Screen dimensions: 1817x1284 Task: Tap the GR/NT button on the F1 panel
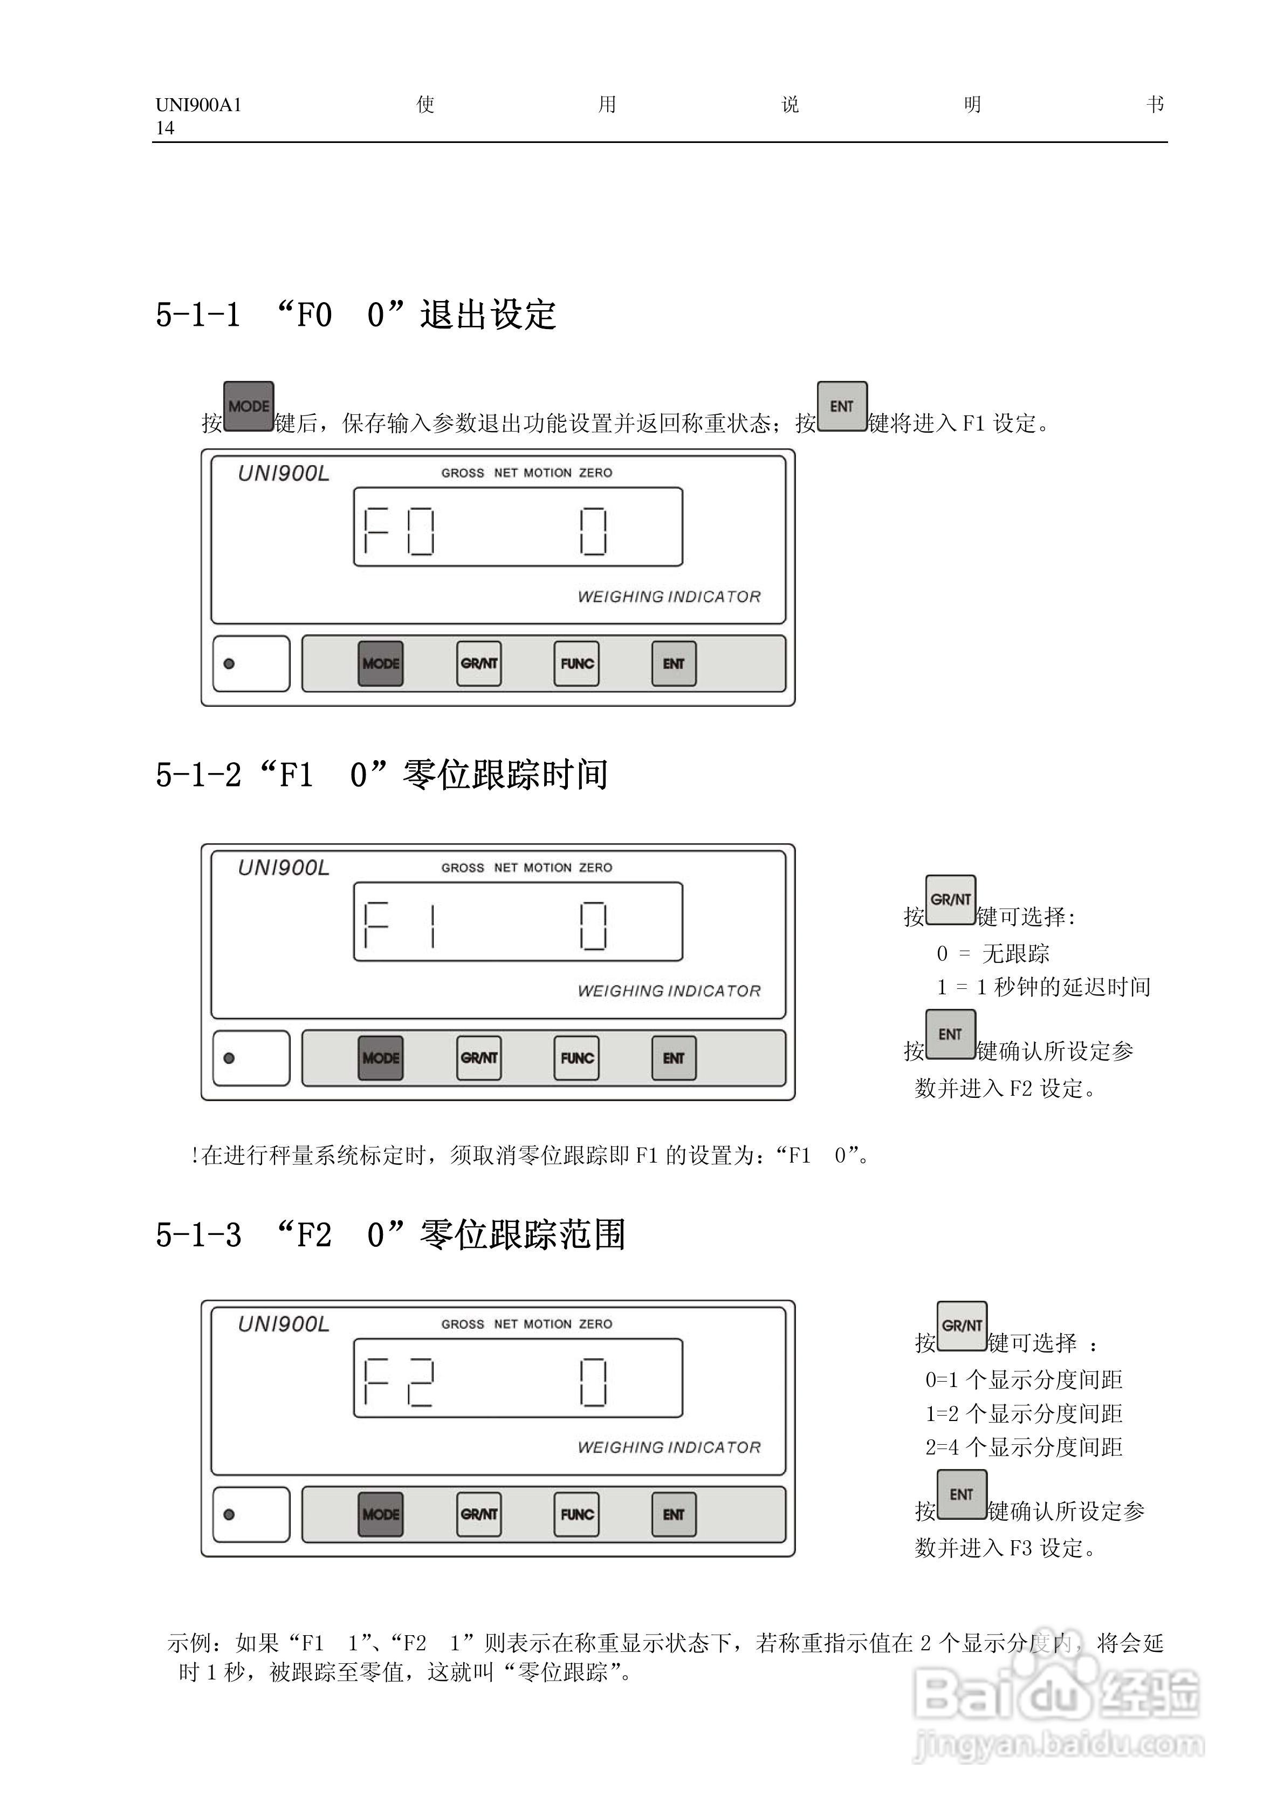(479, 1057)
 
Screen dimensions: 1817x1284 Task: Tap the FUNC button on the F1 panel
(576, 1057)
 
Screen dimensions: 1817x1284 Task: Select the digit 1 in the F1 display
(432, 924)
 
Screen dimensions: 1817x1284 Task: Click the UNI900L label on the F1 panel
(283, 868)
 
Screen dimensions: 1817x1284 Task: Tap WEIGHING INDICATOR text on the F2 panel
(669, 1447)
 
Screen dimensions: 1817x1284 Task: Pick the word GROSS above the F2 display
(462, 1324)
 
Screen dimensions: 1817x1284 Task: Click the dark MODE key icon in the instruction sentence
(249, 407)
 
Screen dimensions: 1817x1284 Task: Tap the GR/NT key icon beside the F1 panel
(950, 900)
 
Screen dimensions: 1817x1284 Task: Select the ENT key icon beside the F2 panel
(961, 1495)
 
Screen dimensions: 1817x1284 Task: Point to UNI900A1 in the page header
(198, 105)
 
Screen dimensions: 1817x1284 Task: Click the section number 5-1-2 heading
(198, 775)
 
